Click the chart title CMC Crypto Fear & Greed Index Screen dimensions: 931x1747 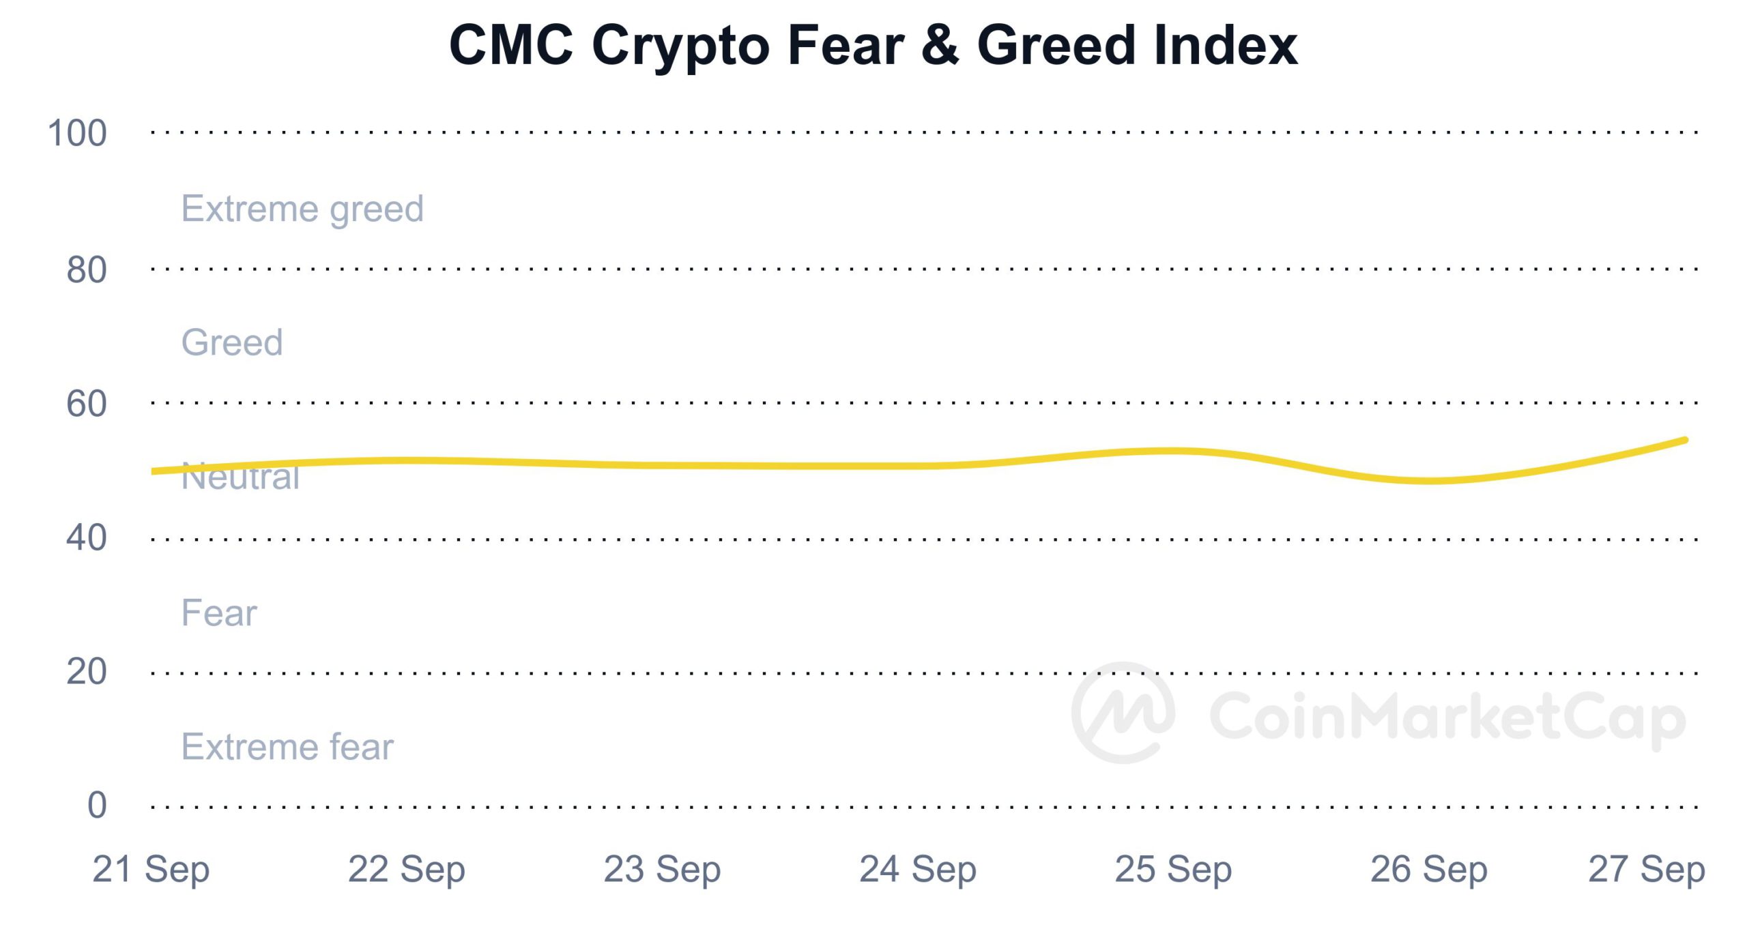[x=873, y=45]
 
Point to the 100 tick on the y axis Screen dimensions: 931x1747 [x=77, y=133]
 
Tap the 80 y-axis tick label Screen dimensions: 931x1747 [x=87, y=270]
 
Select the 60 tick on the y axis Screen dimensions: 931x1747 [x=87, y=404]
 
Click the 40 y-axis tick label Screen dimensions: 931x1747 [x=87, y=538]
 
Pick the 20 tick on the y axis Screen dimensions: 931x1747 [x=87, y=672]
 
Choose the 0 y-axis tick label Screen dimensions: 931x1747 [x=97, y=806]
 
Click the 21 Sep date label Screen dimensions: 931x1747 [x=151, y=870]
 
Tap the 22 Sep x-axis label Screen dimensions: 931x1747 [x=407, y=870]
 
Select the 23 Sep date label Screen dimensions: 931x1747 [x=662, y=870]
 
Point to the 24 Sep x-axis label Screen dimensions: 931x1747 [x=918, y=870]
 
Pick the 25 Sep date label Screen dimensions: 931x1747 [x=1173, y=870]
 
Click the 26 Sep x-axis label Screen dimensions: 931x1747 [x=1429, y=870]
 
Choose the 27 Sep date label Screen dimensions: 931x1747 [x=1647, y=870]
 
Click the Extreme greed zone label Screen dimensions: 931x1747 [x=302, y=209]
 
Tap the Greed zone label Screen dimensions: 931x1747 [x=232, y=342]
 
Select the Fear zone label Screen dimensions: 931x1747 [x=219, y=612]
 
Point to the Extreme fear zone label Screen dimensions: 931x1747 [x=287, y=747]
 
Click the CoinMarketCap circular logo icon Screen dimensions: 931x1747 [x=1123, y=713]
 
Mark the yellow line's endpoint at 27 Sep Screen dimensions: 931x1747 [x=1685, y=441]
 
